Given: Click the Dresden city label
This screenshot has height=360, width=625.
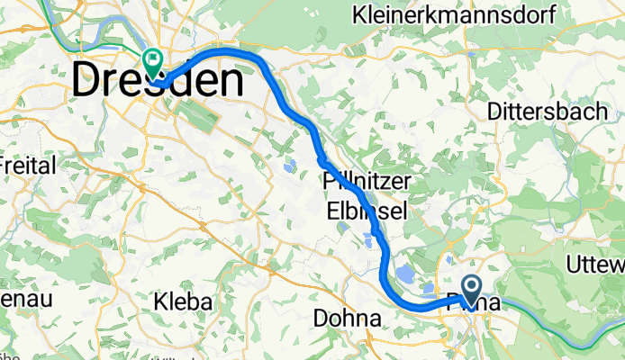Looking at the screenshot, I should (158, 82).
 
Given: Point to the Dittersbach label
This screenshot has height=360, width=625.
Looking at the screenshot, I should (544, 110).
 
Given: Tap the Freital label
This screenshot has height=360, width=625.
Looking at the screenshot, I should (27, 165).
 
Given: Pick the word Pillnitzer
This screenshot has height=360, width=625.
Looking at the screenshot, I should (367, 182).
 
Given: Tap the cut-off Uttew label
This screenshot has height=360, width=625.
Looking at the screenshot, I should (597, 263).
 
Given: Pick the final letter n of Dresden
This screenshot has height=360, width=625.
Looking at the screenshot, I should (230, 82).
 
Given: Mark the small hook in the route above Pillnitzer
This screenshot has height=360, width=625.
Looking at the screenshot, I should (321, 158).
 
